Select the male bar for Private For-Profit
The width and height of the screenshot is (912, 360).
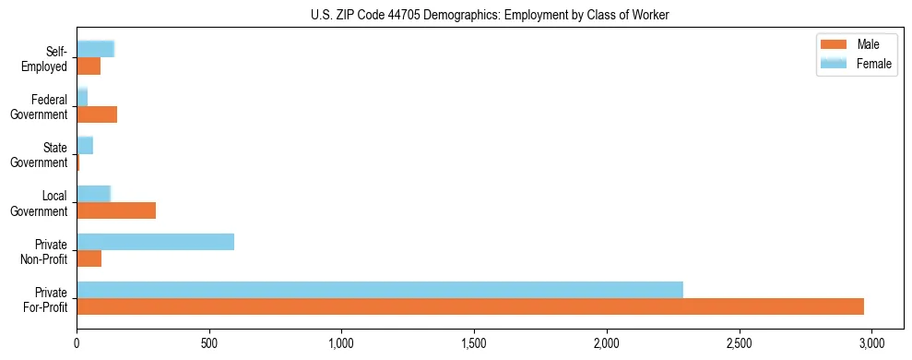470,306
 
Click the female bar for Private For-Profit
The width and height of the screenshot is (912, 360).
380,290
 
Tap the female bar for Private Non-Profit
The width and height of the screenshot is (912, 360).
155,242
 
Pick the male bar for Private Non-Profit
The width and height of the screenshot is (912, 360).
89,258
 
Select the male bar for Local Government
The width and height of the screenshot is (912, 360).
116,210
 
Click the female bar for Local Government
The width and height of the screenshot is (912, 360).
93,194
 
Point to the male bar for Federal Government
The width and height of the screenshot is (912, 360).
97,114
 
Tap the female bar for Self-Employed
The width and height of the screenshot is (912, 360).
95,50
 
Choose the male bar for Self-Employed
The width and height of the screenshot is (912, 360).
89,66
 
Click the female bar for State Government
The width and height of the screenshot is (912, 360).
85,146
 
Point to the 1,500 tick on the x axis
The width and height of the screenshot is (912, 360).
474,340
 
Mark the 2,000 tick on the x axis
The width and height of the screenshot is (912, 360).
607,340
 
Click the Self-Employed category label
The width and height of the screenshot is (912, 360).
48,59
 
